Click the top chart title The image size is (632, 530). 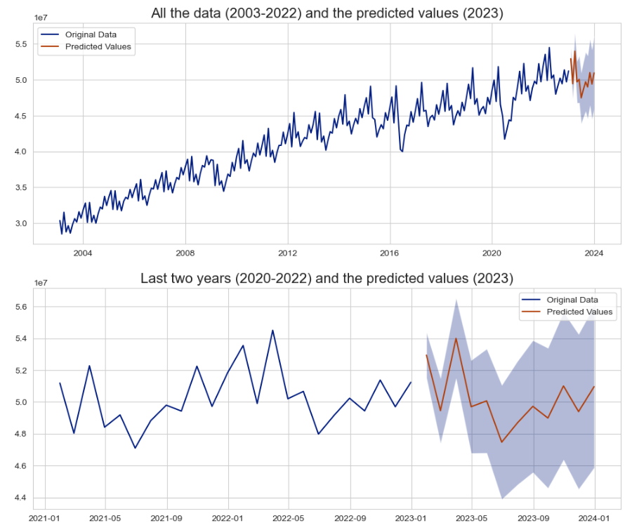327,13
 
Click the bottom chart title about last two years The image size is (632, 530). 327,277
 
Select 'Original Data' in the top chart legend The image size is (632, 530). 90,34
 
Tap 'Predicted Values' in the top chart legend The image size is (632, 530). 98,47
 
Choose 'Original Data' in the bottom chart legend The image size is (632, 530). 572,298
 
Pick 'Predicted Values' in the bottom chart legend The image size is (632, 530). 579,312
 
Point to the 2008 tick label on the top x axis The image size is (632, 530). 185,253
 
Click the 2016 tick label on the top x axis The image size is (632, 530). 390,253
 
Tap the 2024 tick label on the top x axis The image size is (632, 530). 594,253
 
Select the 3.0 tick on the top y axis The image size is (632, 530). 20,223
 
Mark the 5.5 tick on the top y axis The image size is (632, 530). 20,44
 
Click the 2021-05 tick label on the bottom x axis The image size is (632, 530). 105,519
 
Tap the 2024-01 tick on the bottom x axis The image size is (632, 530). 594,519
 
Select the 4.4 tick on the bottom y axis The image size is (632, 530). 20,498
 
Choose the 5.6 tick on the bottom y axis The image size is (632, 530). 20,307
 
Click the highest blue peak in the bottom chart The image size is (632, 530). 272,330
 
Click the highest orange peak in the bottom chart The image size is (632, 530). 456,338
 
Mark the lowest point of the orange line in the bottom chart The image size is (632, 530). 502,442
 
